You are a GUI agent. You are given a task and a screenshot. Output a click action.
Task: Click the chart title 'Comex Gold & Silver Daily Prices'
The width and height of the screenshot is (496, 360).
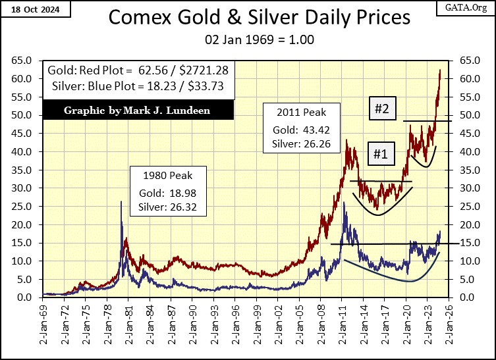pyautogui.click(x=247, y=18)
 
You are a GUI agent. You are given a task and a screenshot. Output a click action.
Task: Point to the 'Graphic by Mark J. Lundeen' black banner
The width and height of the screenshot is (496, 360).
pyautogui.click(x=136, y=110)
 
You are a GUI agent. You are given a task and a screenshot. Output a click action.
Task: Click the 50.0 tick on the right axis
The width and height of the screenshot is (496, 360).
pyautogui.click(x=465, y=115)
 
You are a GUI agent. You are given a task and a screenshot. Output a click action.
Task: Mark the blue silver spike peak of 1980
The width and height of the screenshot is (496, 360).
pyautogui.click(x=121, y=202)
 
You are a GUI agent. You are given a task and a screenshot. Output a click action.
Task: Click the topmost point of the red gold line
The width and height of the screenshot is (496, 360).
pyautogui.click(x=440, y=70)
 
